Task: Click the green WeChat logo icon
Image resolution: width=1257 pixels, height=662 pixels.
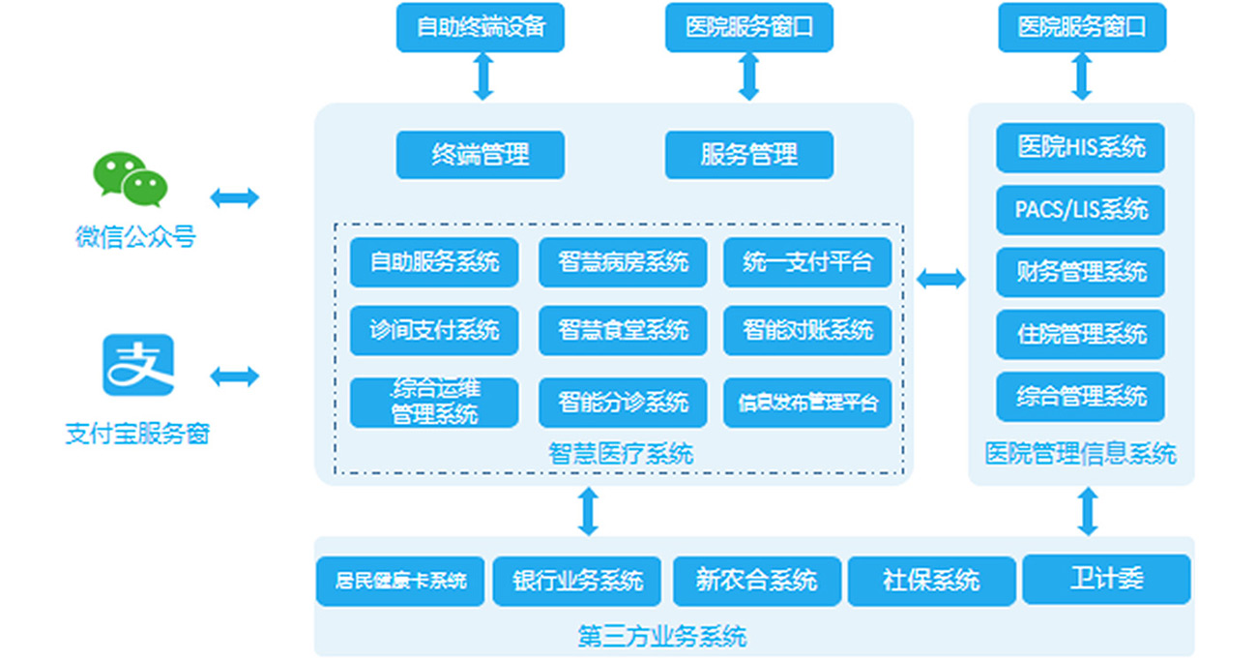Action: point(131,180)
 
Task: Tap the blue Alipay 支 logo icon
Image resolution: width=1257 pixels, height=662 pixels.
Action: point(138,366)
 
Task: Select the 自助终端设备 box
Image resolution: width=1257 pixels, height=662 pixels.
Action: point(481,27)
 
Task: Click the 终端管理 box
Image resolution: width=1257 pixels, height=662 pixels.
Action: point(481,155)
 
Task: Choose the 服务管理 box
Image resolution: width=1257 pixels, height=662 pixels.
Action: point(748,155)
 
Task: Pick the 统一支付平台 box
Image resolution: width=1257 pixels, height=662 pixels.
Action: point(807,262)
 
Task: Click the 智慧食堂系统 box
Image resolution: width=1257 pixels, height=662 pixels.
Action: point(623,331)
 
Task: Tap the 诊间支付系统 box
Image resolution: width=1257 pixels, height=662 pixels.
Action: point(434,331)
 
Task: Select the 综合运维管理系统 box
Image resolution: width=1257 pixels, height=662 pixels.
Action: point(434,402)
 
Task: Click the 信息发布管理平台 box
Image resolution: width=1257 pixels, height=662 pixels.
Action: point(807,402)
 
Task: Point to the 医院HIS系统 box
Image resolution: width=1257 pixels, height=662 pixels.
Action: point(1080,147)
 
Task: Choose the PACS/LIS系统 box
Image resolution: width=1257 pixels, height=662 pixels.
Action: point(1080,209)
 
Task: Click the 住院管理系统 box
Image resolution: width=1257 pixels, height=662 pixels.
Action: point(1080,334)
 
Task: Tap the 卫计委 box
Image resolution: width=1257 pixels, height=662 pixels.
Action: point(1106,579)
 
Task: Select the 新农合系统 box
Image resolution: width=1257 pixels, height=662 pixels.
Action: point(756,581)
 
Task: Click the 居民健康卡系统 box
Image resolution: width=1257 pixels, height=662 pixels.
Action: point(399,581)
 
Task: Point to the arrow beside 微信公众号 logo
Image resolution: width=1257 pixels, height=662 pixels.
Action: point(235,198)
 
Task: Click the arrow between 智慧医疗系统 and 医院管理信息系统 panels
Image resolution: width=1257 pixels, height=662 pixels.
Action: point(941,280)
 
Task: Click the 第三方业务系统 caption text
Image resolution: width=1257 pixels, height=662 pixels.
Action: point(662,637)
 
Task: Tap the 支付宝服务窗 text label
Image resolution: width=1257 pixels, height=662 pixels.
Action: point(137,434)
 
